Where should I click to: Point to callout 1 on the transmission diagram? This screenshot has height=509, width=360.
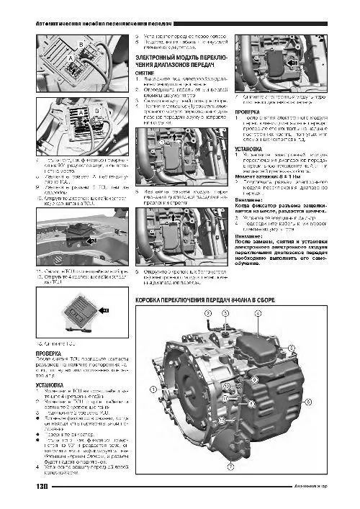click(153, 389)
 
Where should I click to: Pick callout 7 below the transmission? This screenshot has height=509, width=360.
click(230, 467)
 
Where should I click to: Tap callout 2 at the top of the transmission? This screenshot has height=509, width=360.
click(207, 314)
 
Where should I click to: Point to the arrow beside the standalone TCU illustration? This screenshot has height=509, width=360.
click(103, 309)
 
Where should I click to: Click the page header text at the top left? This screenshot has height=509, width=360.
click(108, 24)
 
